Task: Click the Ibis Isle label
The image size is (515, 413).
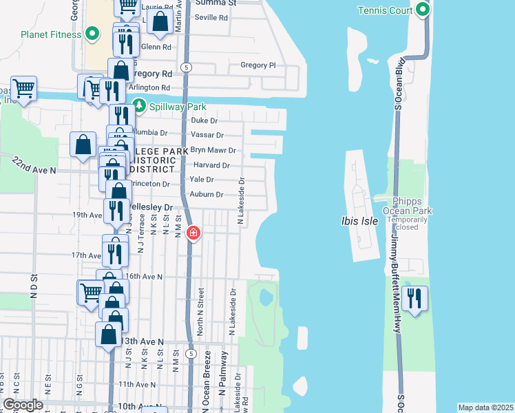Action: coord(360,222)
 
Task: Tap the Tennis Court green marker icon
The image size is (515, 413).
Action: coord(421,10)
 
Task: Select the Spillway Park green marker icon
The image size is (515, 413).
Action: coord(140,105)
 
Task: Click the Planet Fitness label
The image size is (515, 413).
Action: coord(52,34)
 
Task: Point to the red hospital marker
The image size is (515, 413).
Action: coord(193,233)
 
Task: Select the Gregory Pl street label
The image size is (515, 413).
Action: coord(257,65)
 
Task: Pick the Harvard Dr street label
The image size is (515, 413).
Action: coord(211,165)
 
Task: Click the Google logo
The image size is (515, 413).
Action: coord(23,405)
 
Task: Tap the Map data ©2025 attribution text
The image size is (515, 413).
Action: coord(485,407)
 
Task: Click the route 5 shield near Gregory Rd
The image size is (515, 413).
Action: coord(187,67)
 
